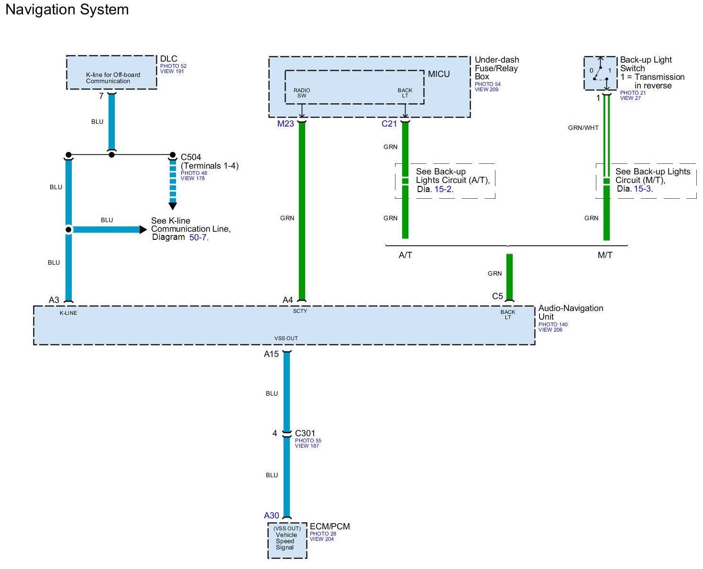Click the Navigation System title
pos(67,10)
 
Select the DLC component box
pos(111,72)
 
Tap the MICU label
pos(439,74)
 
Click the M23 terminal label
pos(286,124)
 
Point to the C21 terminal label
pos(389,124)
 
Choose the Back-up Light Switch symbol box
pos(600,73)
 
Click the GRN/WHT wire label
pos(583,128)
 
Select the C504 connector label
pos(191,157)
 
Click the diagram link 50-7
pos(198,237)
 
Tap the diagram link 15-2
pos(443,189)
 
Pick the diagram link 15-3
pos(642,189)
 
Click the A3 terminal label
pos(54,300)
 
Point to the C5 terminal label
pos(497,296)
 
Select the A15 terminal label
pos(271,354)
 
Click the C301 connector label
pos(305,434)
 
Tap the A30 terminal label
pos(271,515)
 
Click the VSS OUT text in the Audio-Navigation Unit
pos(286,338)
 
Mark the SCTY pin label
pos(300,311)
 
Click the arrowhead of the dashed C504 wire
pos(173,206)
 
